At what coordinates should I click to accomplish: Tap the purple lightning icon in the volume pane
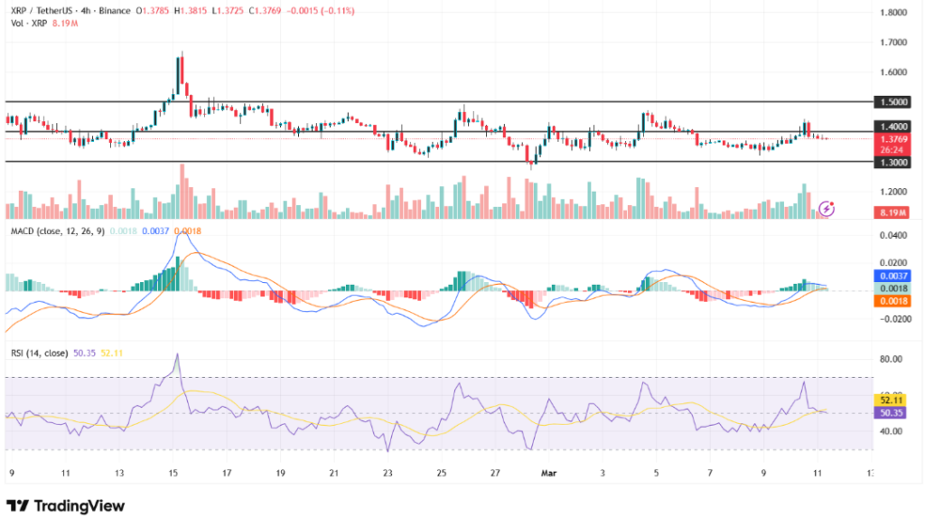(x=827, y=208)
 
